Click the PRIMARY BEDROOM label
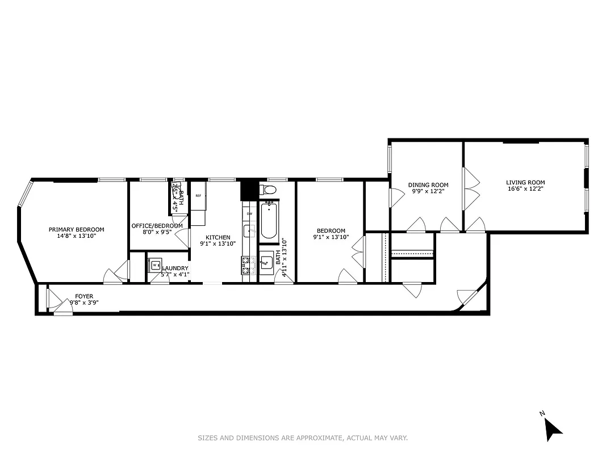[76, 229]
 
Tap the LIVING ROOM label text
[525, 182]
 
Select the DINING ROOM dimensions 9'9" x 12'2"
[428, 191]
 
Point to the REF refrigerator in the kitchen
[198, 196]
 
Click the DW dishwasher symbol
[249, 214]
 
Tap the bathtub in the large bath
[269, 222]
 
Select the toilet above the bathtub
[268, 189]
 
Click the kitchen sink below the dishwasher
[249, 230]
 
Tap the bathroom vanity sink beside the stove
[266, 263]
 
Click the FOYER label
[84, 296]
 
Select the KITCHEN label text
[218, 237]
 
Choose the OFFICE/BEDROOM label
[157, 225]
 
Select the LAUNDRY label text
[175, 268]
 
